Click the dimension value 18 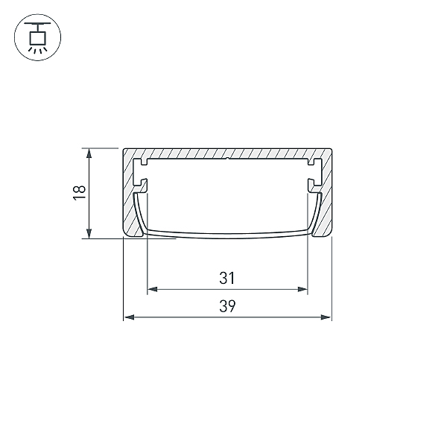(x=79, y=193)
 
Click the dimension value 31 (x=227, y=278)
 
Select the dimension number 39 (x=227, y=306)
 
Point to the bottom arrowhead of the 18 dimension (x=89, y=234)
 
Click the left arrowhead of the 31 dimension (x=152, y=289)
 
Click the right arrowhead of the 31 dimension (x=302, y=289)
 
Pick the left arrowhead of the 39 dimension (x=129, y=317)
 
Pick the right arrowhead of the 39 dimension (x=326, y=317)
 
